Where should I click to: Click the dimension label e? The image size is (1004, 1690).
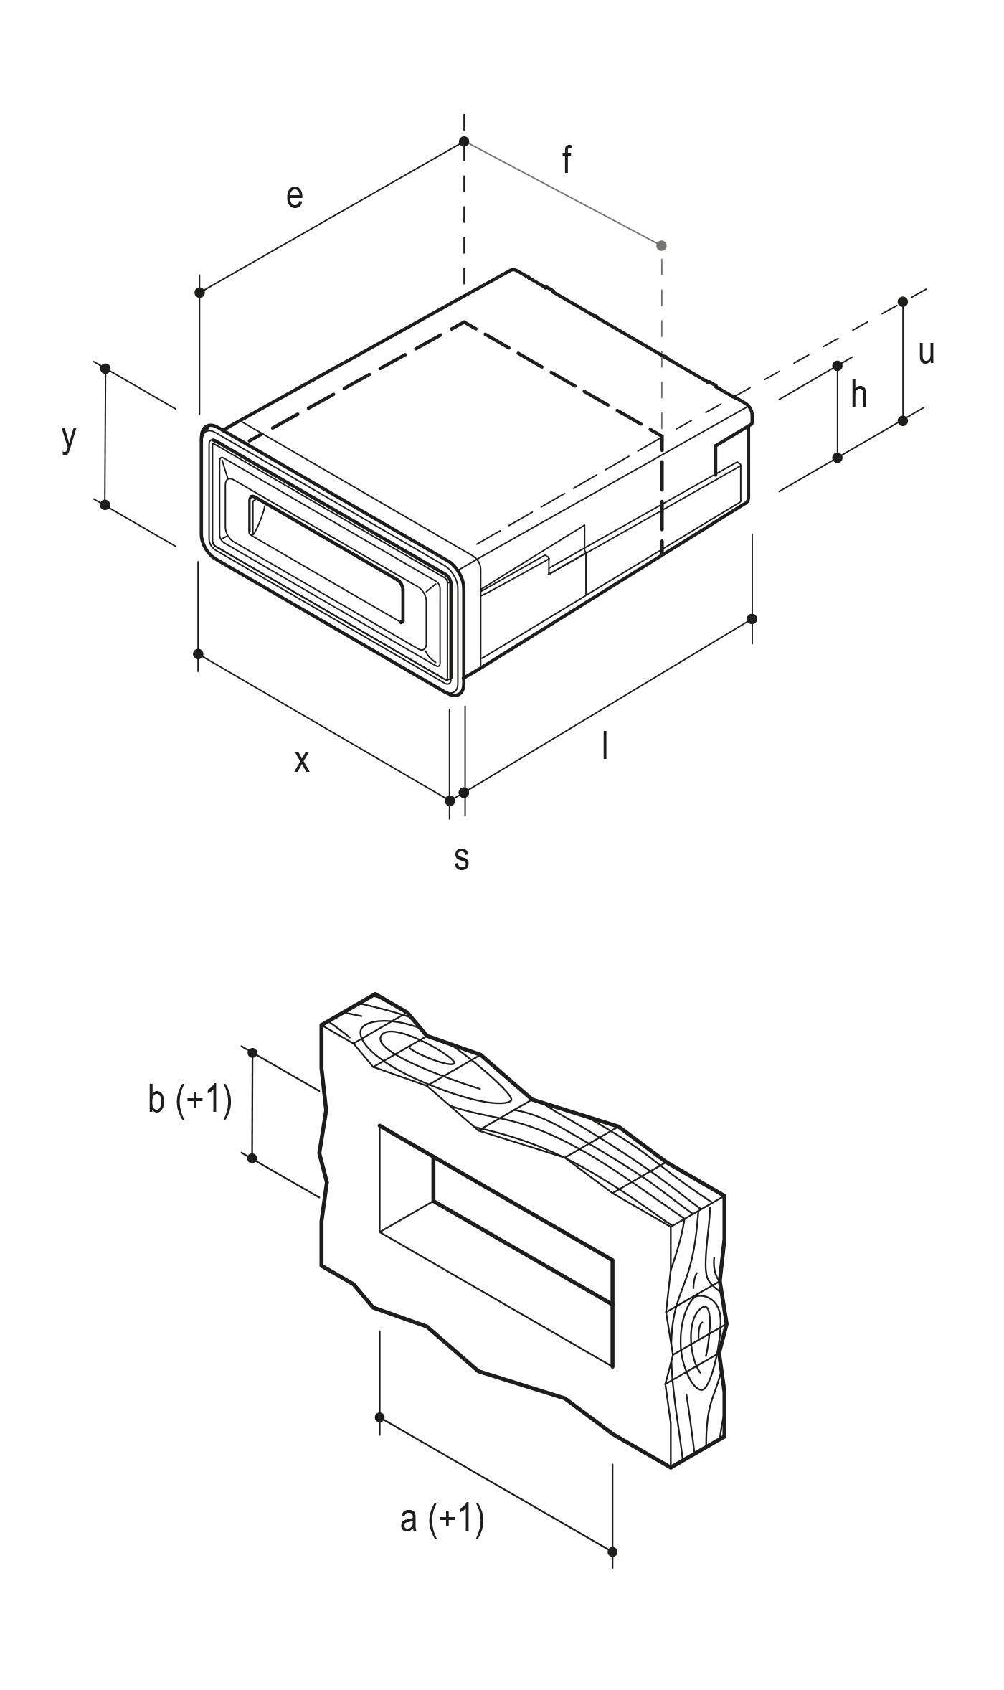click(295, 196)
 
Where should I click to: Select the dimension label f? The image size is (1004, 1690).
click(567, 159)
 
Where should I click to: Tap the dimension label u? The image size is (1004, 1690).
click(927, 352)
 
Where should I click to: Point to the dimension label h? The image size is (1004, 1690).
click(859, 394)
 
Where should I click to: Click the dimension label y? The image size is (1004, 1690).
click(68, 437)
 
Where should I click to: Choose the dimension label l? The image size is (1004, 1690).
click(605, 745)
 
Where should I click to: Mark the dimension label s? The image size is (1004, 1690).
click(462, 858)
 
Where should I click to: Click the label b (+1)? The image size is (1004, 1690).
click(190, 1100)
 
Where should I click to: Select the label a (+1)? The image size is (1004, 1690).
click(442, 1519)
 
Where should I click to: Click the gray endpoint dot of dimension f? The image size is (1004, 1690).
click(661, 245)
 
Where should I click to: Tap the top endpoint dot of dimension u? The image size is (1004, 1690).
click(903, 302)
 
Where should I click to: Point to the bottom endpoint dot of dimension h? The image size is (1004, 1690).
click(838, 457)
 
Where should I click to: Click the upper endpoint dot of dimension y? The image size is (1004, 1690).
click(105, 369)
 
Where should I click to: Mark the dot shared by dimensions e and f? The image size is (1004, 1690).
click(464, 141)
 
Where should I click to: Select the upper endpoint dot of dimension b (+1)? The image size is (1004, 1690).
click(252, 1052)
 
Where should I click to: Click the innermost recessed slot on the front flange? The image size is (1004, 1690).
click(326, 557)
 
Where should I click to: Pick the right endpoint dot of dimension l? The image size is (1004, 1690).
click(752, 618)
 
